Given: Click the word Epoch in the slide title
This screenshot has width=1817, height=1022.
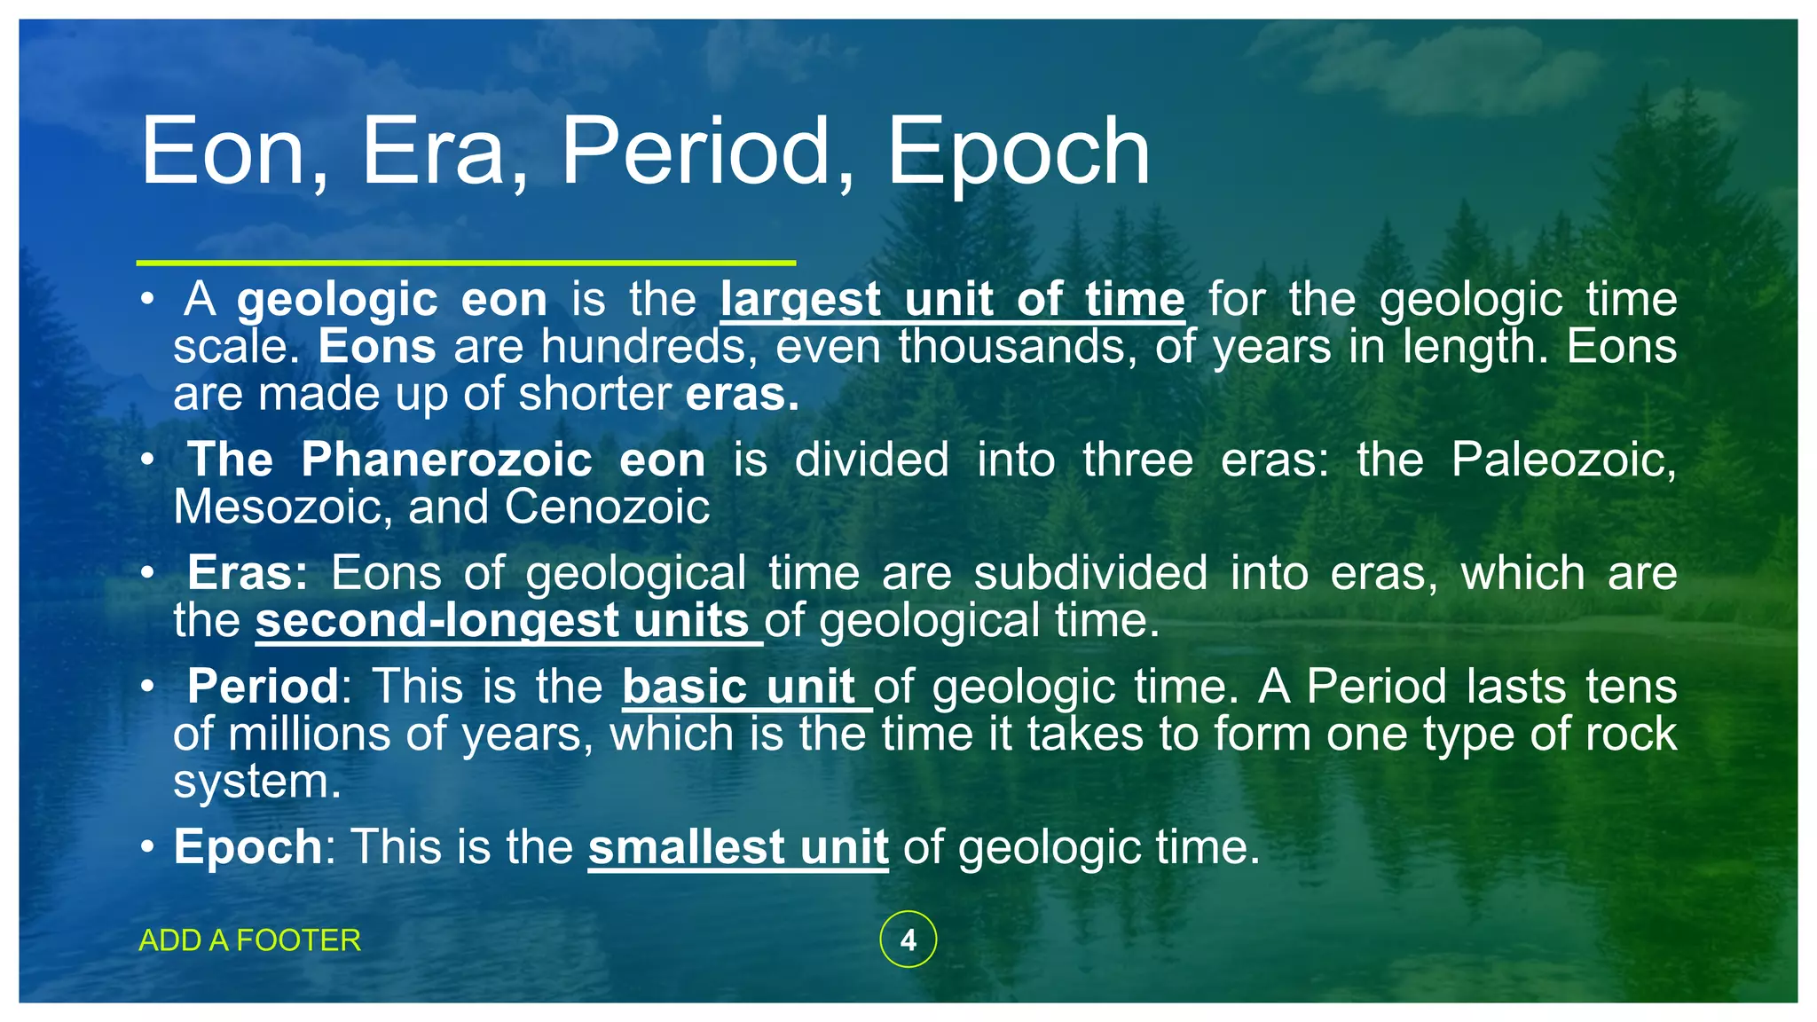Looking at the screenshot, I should coord(1018,153).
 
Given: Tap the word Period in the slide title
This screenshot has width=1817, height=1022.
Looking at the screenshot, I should coord(707,153).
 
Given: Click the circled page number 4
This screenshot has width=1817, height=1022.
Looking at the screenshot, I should coord(908,939).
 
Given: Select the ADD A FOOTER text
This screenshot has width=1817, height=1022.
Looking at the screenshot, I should coord(250,940).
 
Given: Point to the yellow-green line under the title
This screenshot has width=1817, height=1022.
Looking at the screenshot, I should coord(466,263).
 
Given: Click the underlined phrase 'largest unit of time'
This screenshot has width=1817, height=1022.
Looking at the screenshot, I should coord(952,300).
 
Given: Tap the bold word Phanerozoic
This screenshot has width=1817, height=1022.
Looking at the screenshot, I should coord(446,460).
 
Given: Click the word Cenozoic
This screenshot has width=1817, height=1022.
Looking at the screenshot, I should coord(607,507).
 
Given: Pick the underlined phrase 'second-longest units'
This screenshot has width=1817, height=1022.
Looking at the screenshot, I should coord(507,620).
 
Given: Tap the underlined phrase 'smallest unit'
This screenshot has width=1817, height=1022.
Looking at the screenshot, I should coord(738,847).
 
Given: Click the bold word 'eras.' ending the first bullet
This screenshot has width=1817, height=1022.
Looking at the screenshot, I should coord(743,394).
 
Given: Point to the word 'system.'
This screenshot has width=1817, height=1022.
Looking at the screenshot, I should coord(257,782).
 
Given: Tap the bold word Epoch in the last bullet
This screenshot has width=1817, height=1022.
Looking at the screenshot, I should coord(248,847).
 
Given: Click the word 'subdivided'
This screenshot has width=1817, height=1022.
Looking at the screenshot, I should coord(1090,573).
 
